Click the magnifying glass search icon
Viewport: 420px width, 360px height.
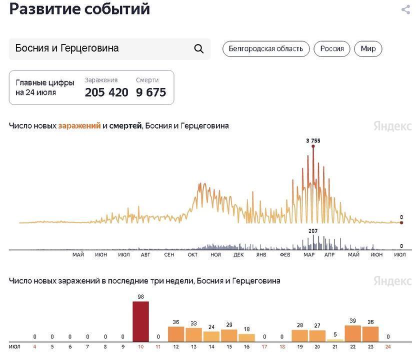click(x=198, y=48)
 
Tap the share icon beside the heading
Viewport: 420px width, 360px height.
click(x=405, y=9)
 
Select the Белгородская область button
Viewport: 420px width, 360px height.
click(x=265, y=48)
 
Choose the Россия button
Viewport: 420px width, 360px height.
click(x=332, y=48)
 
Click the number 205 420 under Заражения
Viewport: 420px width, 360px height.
click(x=106, y=92)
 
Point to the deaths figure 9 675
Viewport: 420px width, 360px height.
click(x=151, y=92)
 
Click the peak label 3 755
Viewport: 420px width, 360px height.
click(x=313, y=141)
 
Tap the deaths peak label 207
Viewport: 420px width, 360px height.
click(x=313, y=230)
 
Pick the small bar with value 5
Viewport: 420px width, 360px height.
click(x=335, y=339)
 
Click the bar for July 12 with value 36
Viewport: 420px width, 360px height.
click(x=176, y=333)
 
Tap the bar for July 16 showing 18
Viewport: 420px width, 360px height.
click(x=246, y=337)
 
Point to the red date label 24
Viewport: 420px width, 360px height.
click(x=388, y=346)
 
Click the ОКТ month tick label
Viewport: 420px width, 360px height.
click(x=192, y=254)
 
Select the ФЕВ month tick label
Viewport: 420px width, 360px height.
click(x=284, y=254)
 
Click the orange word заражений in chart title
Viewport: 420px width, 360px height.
click(x=79, y=126)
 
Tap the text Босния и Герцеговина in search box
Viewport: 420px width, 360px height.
click(x=67, y=48)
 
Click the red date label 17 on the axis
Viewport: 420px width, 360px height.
click(x=264, y=346)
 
